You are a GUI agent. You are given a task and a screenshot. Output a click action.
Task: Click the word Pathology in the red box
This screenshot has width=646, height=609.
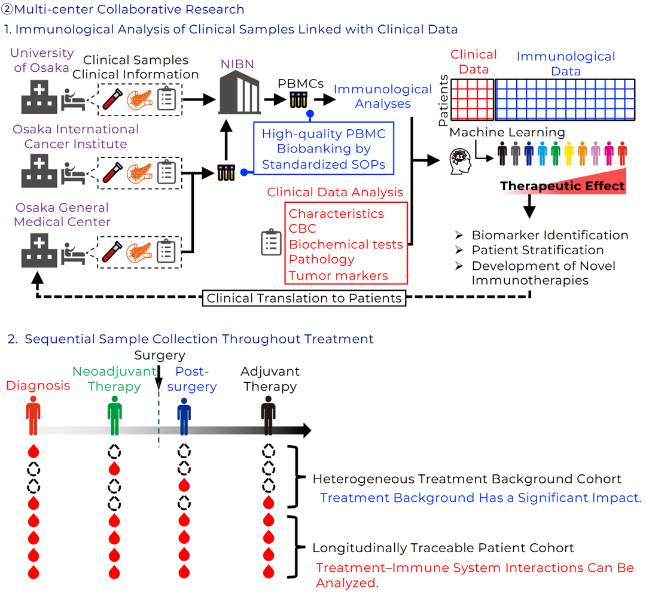(x=321, y=260)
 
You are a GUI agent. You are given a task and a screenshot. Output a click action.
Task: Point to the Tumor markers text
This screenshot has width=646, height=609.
(x=338, y=276)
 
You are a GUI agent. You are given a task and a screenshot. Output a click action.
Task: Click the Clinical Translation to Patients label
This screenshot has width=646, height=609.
(x=304, y=298)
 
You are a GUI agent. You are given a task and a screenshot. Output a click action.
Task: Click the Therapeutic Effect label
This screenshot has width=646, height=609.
(x=562, y=186)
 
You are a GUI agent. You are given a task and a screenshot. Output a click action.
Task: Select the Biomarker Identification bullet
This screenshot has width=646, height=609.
(x=550, y=235)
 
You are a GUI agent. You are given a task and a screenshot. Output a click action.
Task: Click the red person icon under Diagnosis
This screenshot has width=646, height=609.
(x=33, y=418)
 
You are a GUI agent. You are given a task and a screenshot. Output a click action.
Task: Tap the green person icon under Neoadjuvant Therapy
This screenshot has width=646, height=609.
(x=114, y=418)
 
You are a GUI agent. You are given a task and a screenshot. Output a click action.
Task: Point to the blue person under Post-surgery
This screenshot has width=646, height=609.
(x=184, y=418)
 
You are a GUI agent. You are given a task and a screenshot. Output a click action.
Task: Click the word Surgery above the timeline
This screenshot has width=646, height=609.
(x=160, y=355)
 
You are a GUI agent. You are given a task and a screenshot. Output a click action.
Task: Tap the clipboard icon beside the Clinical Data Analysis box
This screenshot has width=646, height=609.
(x=271, y=242)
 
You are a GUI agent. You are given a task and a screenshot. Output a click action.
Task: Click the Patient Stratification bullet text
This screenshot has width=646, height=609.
(x=537, y=250)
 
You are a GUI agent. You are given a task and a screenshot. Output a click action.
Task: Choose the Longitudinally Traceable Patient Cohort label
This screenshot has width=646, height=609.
(x=443, y=548)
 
